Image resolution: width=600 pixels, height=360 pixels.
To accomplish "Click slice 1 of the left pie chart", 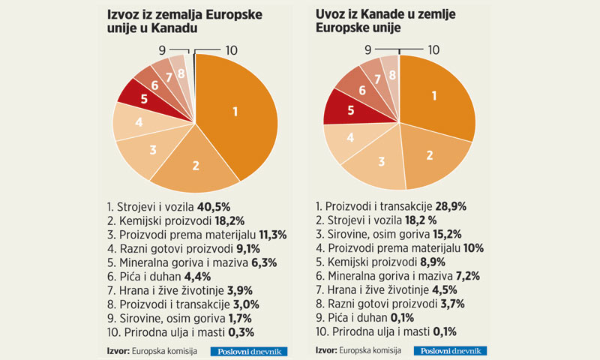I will (x=236, y=112).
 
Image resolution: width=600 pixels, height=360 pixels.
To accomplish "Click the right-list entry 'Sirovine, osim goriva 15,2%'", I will (x=394, y=233).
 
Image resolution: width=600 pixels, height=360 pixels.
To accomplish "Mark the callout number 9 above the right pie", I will (x=369, y=50).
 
